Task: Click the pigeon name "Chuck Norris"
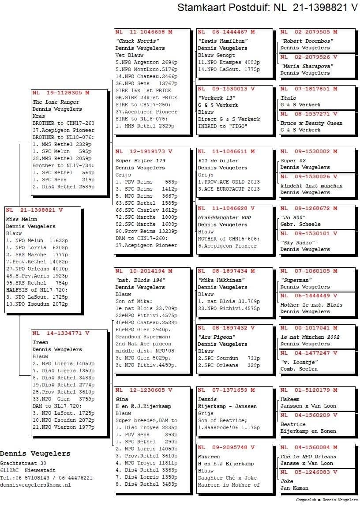(x=137, y=41)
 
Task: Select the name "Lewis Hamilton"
(x=223, y=41)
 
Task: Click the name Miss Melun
(x=22, y=219)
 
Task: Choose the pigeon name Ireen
(x=41, y=342)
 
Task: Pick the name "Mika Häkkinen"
(x=221, y=280)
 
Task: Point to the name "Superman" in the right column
(x=296, y=280)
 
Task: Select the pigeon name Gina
(x=122, y=399)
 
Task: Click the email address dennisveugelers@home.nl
(x=35, y=485)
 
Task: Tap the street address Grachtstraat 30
(x=23, y=464)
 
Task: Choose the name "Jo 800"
(x=293, y=217)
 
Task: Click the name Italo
(x=289, y=98)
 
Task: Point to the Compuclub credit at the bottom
(x=327, y=500)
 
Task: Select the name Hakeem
(x=290, y=399)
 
